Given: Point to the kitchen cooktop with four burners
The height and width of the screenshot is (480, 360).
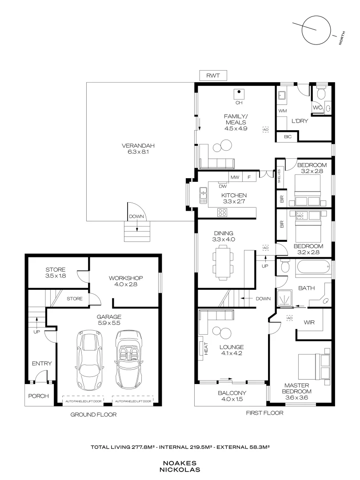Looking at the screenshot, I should tap(223, 212).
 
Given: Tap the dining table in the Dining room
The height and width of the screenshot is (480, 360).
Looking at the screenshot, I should tap(222, 262).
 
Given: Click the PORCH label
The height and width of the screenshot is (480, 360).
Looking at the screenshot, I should tap(38, 396).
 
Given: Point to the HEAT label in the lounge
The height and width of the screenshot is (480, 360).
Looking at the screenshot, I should tap(206, 348).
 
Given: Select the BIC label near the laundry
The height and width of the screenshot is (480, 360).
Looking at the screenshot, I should tap(288, 137).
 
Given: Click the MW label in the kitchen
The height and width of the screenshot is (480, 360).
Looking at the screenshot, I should tap(235, 177).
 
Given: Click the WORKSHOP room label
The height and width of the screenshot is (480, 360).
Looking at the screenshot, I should tap(126, 278).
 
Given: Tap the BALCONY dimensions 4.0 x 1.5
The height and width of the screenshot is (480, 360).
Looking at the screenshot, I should tap(232, 400).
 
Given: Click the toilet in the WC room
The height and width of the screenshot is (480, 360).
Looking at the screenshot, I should tap(321, 94).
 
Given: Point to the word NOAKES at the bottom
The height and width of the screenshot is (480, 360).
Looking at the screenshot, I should tap(180, 463).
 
